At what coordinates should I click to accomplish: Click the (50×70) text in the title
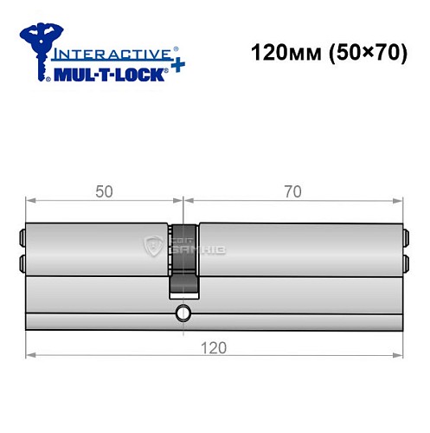point(356,52)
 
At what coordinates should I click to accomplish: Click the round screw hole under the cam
point(183,313)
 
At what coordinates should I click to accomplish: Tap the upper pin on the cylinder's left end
point(22,235)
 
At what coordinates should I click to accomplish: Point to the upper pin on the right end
point(405,235)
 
